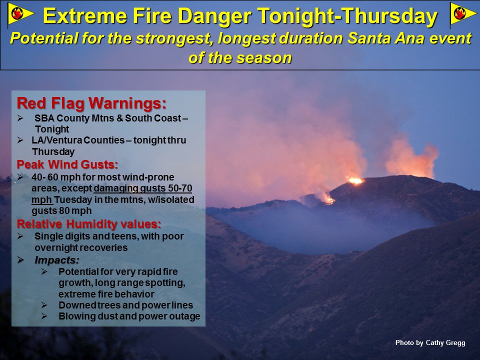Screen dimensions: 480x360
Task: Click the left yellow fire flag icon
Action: (20, 14)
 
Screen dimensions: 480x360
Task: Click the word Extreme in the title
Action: (85, 15)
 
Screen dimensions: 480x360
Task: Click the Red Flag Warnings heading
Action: (91, 103)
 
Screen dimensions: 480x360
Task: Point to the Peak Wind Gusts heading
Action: (67, 164)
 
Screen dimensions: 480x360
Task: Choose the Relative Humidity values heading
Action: (89, 224)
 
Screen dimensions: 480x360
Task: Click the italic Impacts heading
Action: (57, 260)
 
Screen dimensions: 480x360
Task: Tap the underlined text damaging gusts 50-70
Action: (143, 188)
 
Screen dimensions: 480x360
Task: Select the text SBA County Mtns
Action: (75, 118)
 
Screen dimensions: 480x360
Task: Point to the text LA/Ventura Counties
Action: (78, 140)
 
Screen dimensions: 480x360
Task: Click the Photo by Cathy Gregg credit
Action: (430, 343)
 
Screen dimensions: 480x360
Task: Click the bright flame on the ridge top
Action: (355, 180)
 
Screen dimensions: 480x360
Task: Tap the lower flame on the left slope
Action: (329, 200)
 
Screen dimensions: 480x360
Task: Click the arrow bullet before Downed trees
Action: (44, 305)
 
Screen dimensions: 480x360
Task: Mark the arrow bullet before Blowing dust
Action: (44, 316)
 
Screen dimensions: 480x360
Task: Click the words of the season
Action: (240, 58)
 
